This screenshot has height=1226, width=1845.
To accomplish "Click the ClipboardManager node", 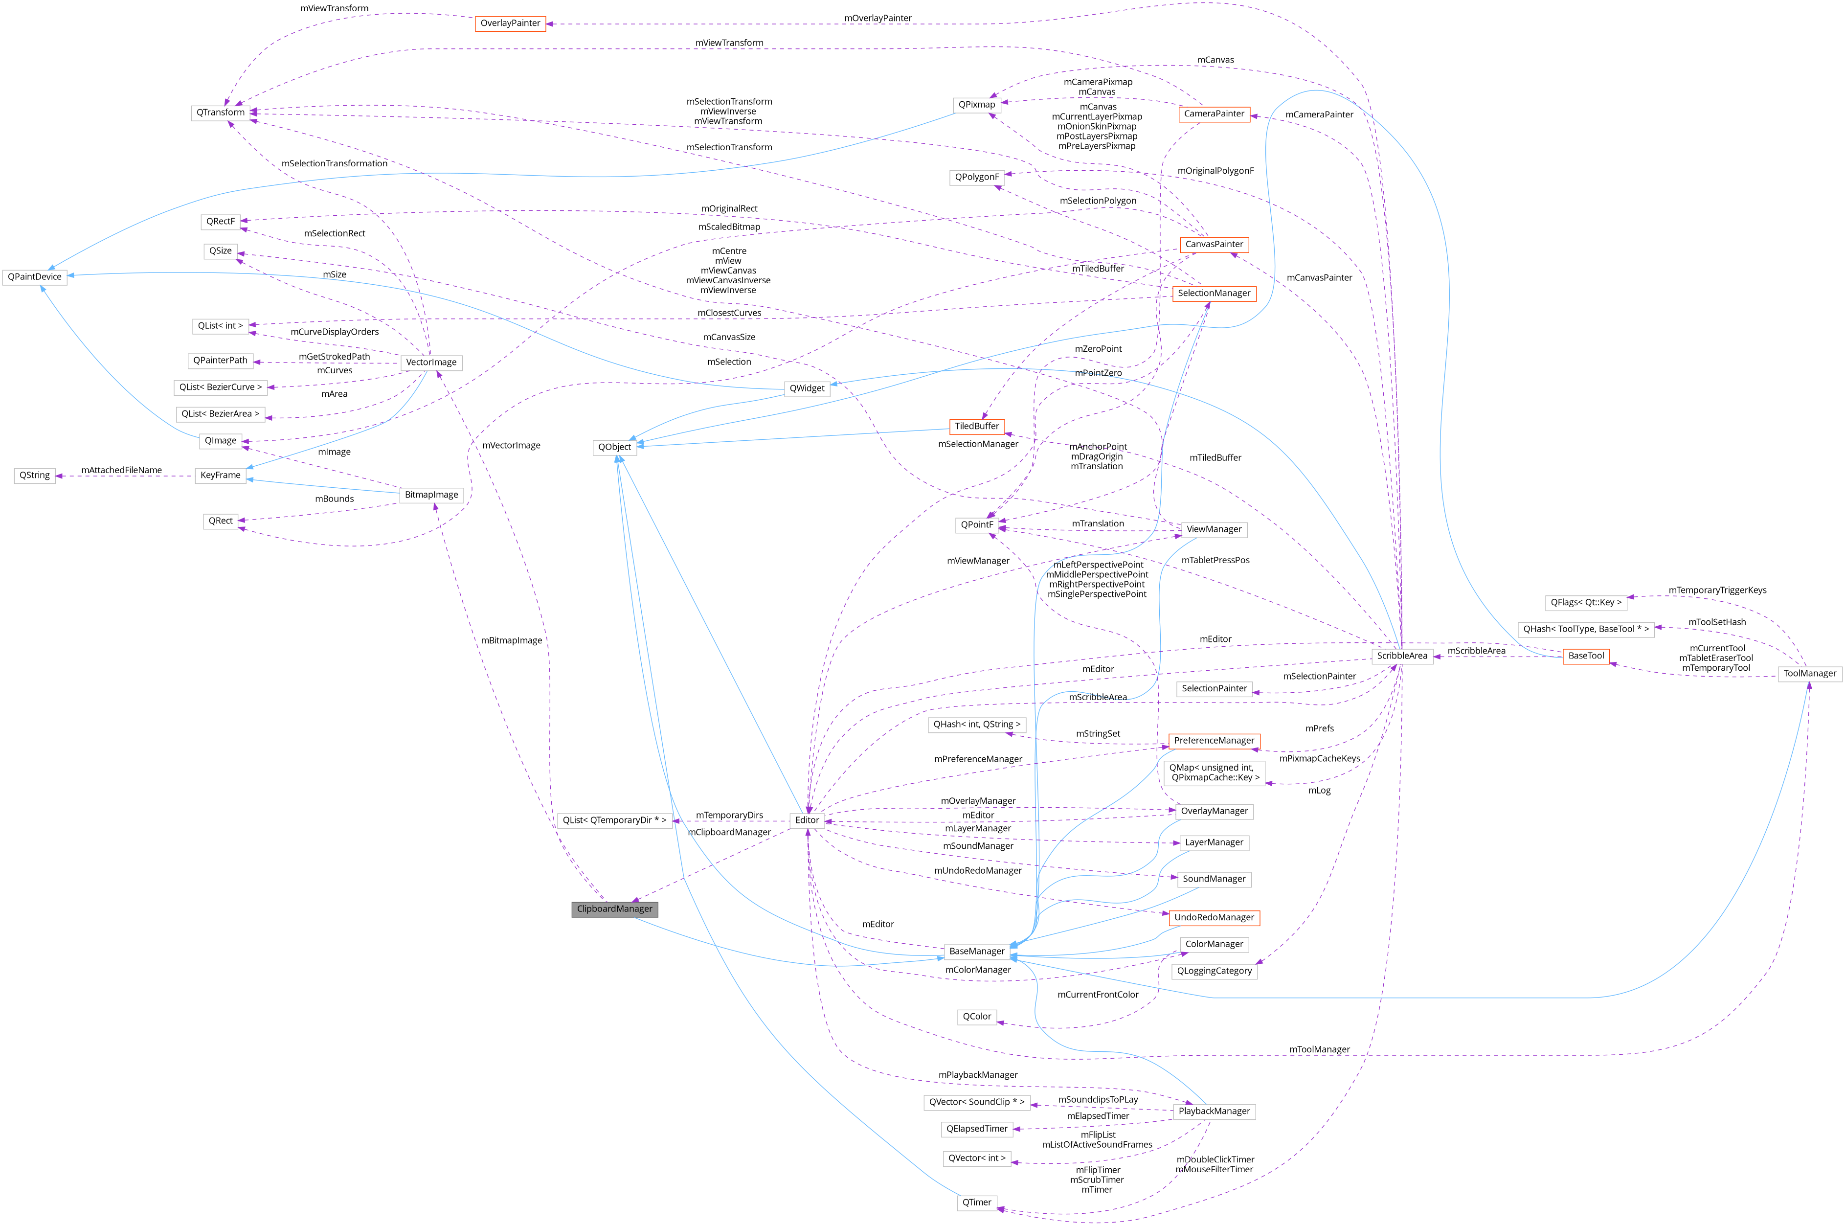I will pyautogui.click(x=614, y=908).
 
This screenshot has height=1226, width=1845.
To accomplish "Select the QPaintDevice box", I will pyautogui.click(x=34, y=277).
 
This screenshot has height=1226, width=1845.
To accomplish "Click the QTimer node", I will pyautogui.click(x=976, y=1203).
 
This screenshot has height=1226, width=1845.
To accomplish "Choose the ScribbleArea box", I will pyautogui.click(x=1402, y=656).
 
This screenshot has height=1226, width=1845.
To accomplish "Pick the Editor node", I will pyautogui.click(x=807, y=820).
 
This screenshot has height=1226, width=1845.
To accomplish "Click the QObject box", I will pyautogui.click(x=614, y=447).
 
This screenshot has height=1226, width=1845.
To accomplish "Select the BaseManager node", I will pyautogui.click(x=976, y=952).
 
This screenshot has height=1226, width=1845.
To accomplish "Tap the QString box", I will pyautogui.click(x=34, y=476).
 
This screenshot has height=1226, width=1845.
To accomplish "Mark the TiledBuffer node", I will pyautogui.click(x=976, y=426).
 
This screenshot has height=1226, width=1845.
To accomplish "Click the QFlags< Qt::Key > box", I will pyautogui.click(x=1586, y=603).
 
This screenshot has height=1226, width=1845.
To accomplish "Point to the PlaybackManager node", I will pyautogui.click(x=1214, y=1111).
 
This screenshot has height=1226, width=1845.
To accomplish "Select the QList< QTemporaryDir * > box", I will pyautogui.click(x=614, y=820).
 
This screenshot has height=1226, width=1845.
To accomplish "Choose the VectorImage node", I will pyautogui.click(x=431, y=363).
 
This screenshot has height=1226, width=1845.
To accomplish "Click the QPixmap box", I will pyautogui.click(x=976, y=105).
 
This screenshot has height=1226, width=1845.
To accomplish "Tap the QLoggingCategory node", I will pyautogui.click(x=1214, y=971).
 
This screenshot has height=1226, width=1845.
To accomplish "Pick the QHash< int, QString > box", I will pyautogui.click(x=976, y=725).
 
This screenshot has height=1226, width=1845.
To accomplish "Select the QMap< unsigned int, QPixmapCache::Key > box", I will pyautogui.click(x=1214, y=772).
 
